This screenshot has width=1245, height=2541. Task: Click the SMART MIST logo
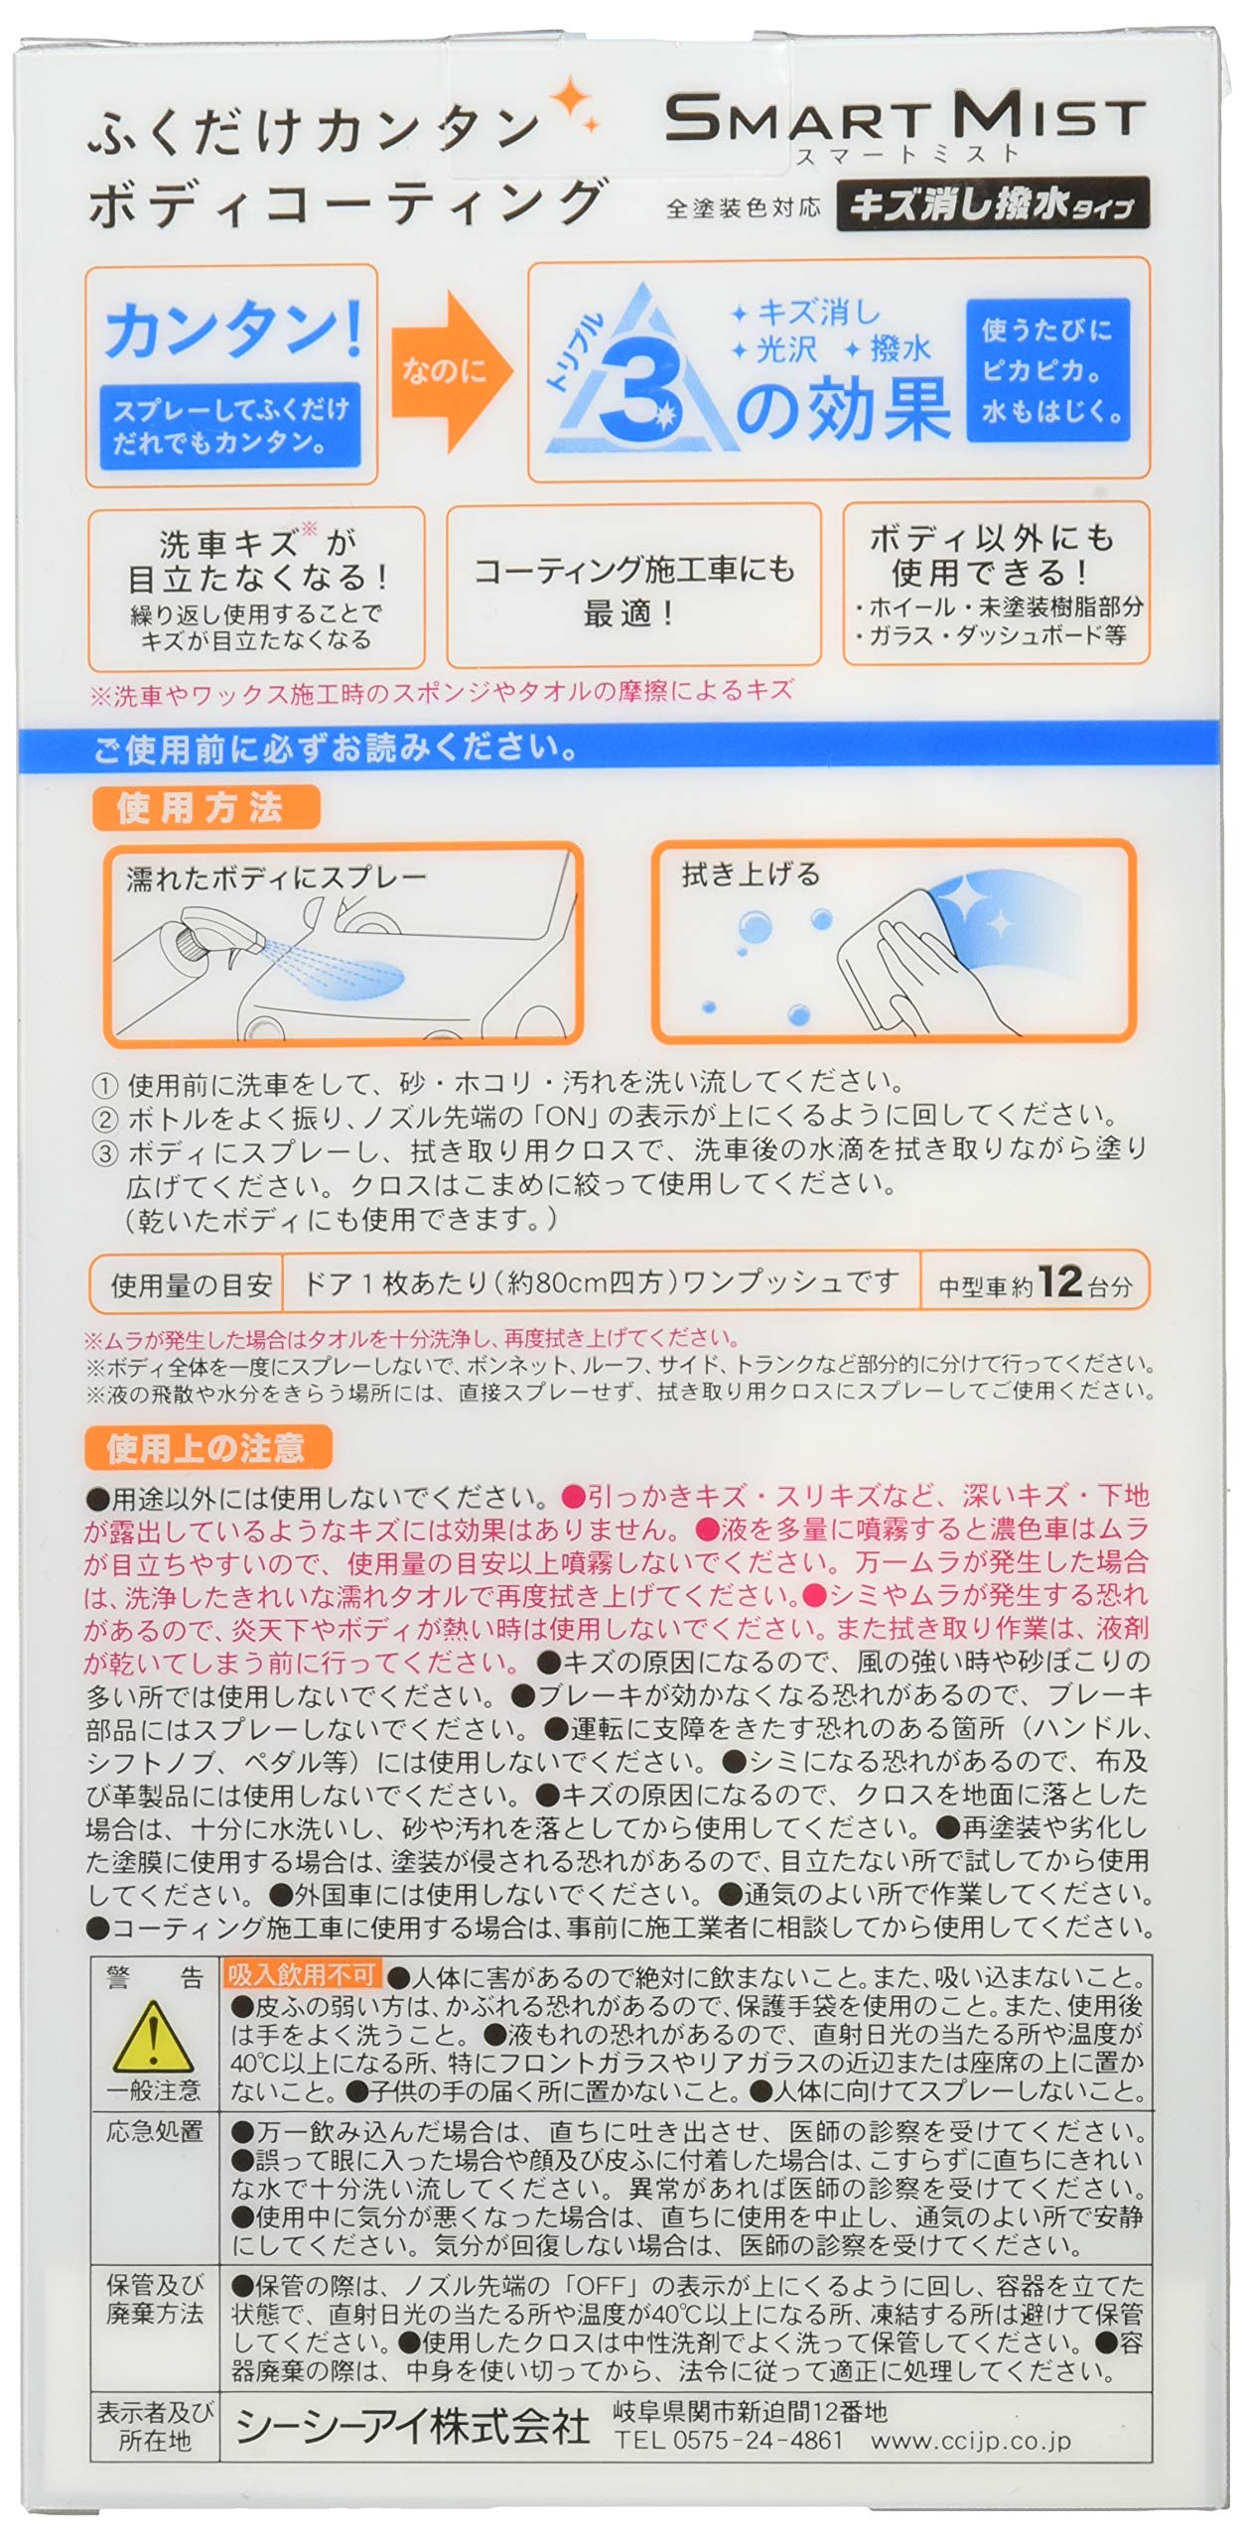point(904,119)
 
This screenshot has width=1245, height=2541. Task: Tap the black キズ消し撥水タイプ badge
point(992,204)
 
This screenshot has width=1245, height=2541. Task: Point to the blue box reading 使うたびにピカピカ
point(1048,370)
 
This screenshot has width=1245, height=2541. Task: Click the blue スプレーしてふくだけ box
point(229,425)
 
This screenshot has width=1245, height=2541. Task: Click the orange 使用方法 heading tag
point(205,808)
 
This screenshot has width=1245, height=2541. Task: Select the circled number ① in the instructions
point(104,1084)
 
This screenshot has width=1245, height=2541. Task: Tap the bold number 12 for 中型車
point(1059,1281)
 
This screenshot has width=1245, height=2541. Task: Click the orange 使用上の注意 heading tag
point(207,1448)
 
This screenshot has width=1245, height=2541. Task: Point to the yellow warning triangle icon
point(153,2036)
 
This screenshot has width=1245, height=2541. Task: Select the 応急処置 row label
point(154,2131)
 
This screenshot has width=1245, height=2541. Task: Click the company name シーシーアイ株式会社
point(413,2427)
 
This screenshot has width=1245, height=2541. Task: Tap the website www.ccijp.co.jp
point(971,2441)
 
